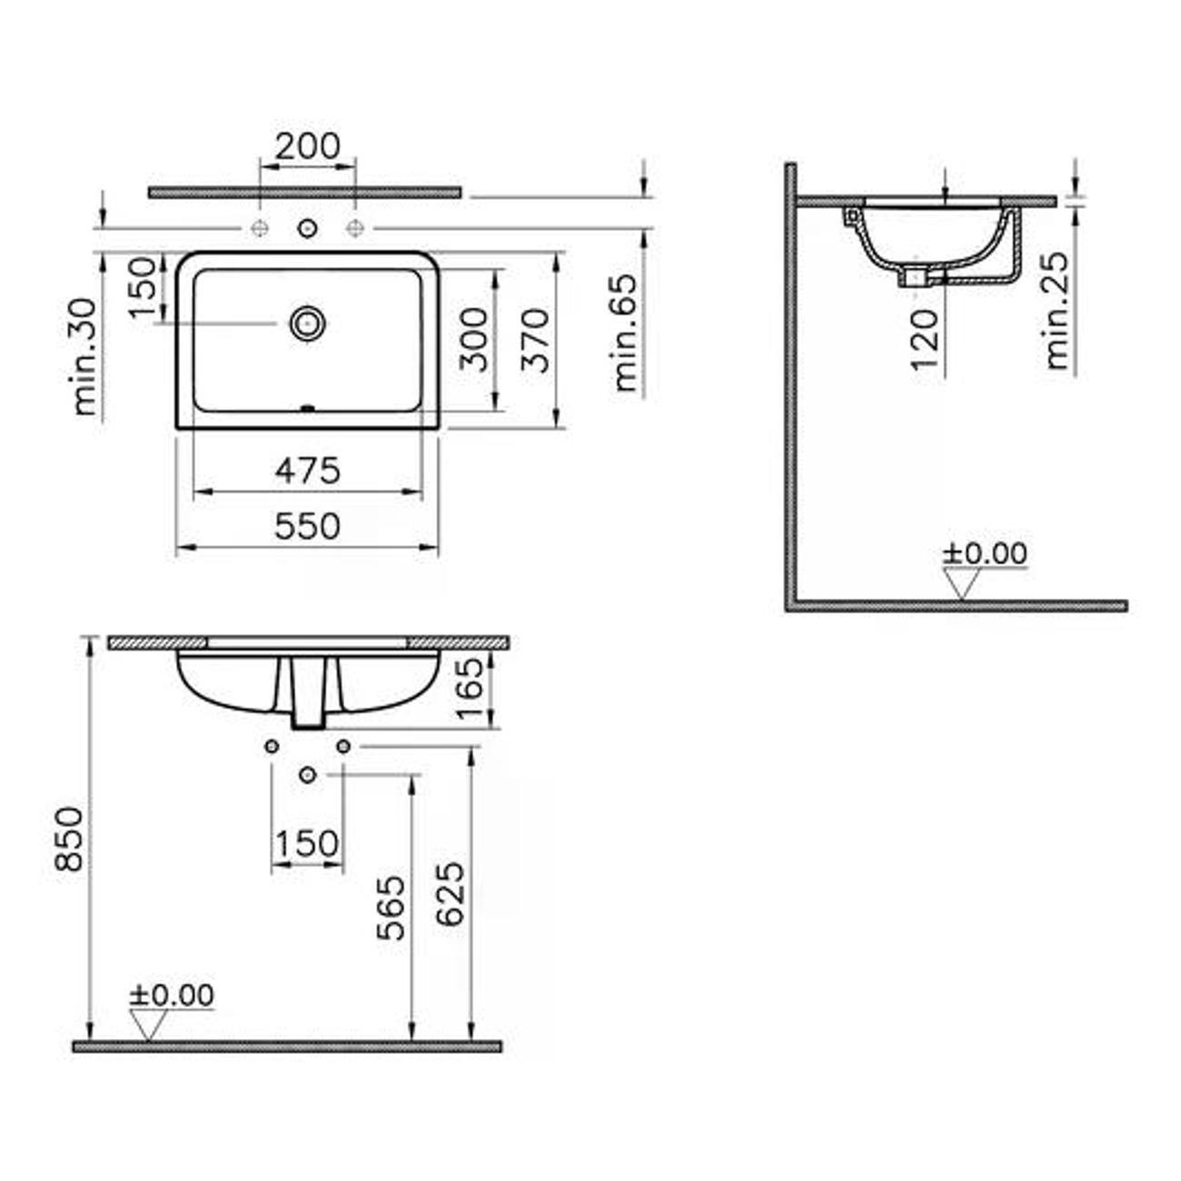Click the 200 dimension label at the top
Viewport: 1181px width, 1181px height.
click(x=307, y=146)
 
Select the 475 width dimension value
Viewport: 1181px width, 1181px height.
click(x=307, y=471)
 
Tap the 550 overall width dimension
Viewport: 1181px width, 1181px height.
click(x=307, y=526)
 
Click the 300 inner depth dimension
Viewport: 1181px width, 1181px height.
click(x=473, y=340)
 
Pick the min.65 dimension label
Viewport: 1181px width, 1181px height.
click(x=626, y=332)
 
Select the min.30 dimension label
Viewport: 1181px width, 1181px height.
click(x=84, y=357)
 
